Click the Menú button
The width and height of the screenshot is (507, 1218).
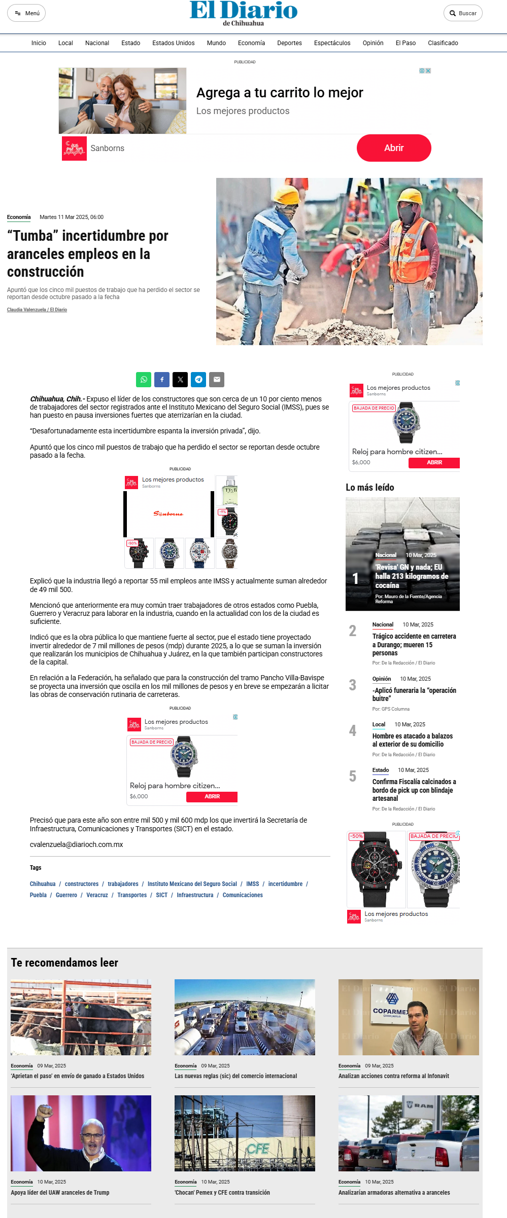[x=26, y=13]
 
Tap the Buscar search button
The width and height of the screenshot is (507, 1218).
[x=462, y=13]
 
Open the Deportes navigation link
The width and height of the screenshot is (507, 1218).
[x=289, y=43]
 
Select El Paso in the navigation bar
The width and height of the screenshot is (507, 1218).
[x=405, y=43]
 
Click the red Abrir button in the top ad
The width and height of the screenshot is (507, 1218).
[x=393, y=148]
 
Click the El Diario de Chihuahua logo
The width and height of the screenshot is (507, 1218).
[x=244, y=13]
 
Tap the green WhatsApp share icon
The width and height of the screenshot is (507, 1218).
[x=144, y=379]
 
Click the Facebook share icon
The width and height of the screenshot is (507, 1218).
[x=162, y=379]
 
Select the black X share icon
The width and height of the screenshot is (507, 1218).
[x=180, y=379]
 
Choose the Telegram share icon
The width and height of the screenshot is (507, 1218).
[x=198, y=379]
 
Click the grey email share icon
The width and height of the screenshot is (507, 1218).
[x=217, y=379]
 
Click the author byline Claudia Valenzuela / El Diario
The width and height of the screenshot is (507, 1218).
[x=37, y=310]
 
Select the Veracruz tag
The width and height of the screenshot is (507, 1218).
[x=97, y=895]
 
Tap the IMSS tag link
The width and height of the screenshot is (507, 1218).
[x=252, y=884]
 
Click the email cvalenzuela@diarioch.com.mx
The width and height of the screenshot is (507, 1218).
[x=77, y=844]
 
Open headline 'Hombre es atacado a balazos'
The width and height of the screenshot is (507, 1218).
[x=412, y=740]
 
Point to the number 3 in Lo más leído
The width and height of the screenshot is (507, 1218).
[x=353, y=685]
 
